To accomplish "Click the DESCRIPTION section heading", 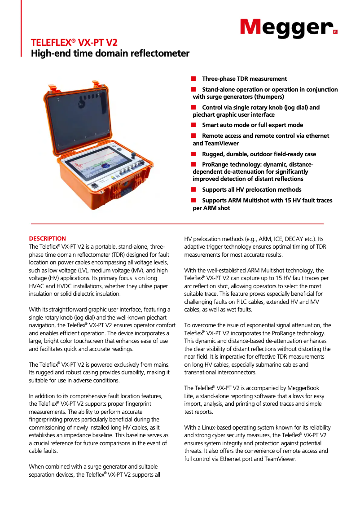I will point(47,238).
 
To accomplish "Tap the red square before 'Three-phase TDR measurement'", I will point(194,79).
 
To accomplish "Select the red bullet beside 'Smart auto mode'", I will point(194,125).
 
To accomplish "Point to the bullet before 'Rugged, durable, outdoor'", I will point(194,154).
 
